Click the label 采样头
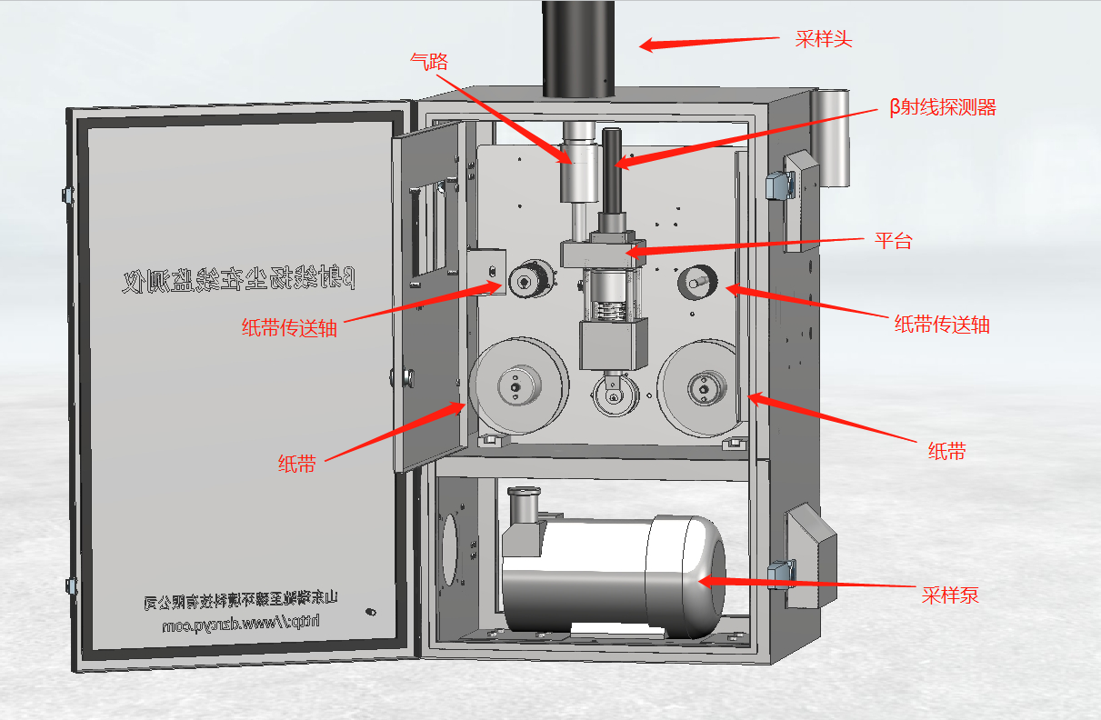[x=824, y=39]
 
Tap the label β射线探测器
[x=942, y=108]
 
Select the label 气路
[x=429, y=61]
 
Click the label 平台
[x=893, y=241]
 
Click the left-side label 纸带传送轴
[x=289, y=328]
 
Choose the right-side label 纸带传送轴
[x=942, y=324]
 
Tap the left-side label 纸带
[x=296, y=465]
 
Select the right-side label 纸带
[x=946, y=451]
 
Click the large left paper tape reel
[x=519, y=385]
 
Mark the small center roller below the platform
[x=611, y=396]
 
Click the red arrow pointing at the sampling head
[x=709, y=42]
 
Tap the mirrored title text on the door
[x=238, y=277]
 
